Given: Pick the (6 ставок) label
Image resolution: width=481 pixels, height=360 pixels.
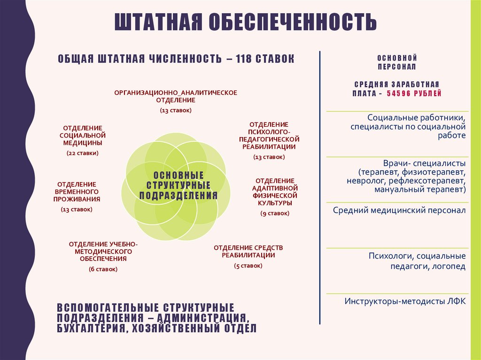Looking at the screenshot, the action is point(103,269).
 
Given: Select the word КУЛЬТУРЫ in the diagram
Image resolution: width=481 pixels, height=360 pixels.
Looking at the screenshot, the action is point(275,203).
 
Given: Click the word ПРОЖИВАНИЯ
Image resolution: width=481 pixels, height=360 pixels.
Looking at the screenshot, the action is point(76,199).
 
